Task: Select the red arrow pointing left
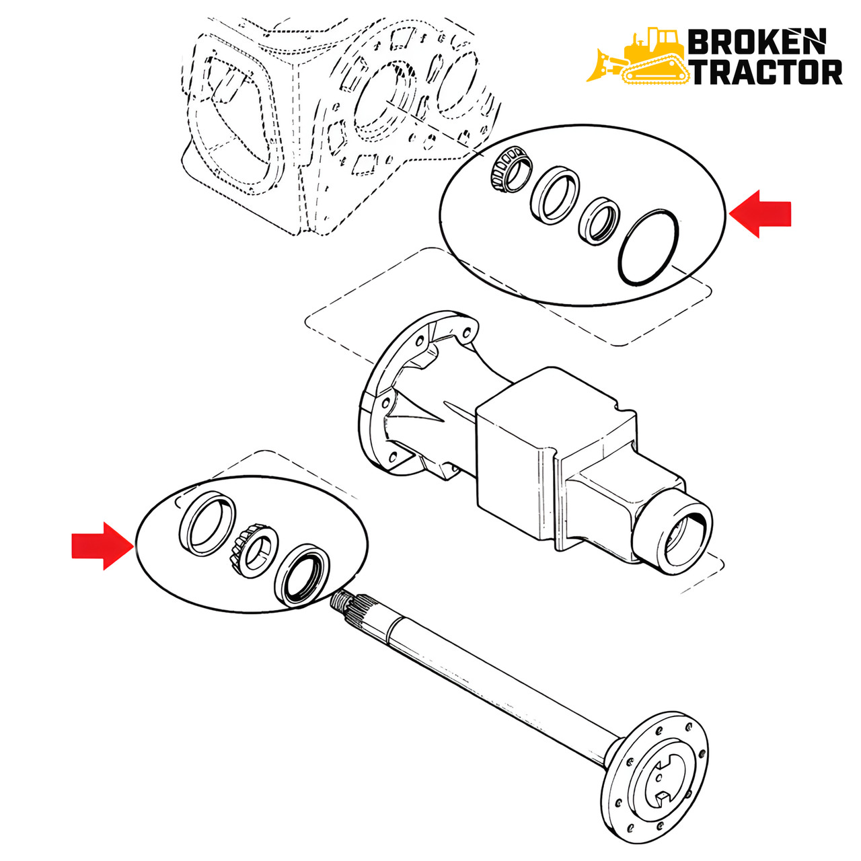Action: point(760,214)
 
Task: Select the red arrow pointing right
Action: point(102,546)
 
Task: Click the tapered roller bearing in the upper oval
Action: point(511,172)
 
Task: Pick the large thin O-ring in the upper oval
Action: point(648,247)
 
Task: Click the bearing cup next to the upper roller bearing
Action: point(554,195)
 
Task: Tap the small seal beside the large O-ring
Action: point(599,220)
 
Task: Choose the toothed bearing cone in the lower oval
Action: point(254,551)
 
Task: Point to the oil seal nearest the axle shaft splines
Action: point(301,575)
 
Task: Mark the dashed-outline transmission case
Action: point(340,125)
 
